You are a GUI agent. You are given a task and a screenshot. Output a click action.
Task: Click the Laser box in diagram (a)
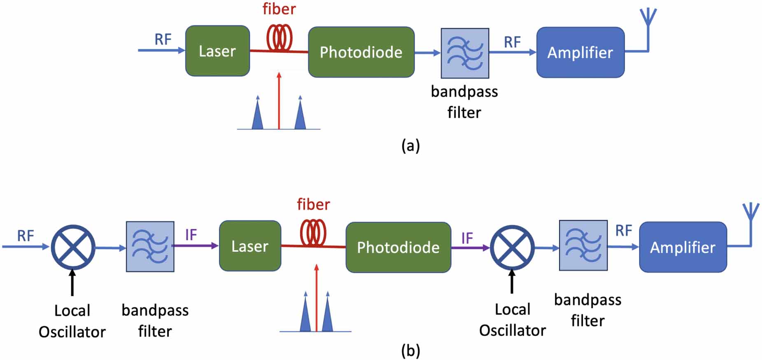(217, 51)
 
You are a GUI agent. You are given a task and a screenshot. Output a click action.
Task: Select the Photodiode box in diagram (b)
(398, 247)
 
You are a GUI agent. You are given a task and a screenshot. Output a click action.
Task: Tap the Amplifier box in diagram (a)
(580, 52)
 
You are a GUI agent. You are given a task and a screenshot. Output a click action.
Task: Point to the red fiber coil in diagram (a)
(280, 38)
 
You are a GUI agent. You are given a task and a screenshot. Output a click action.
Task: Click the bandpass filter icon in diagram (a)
(465, 53)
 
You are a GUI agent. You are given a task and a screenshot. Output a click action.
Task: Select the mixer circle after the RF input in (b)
(73, 247)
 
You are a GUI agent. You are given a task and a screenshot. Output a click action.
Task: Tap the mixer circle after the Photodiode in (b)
(512, 248)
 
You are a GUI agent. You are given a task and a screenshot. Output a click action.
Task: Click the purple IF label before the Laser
(191, 235)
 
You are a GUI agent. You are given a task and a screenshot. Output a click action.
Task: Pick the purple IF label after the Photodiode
(467, 238)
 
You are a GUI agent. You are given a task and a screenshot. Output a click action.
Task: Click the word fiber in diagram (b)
(313, 204)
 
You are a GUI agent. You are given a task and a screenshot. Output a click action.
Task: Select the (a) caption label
(410, 146)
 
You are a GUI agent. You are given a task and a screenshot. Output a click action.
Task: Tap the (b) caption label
(410, 351)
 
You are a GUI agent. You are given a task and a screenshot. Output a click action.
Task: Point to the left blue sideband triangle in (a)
(257, 115)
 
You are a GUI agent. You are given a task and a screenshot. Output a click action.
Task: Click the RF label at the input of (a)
(163, 40)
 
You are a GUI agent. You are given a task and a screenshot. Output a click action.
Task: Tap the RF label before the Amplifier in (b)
(623, 231)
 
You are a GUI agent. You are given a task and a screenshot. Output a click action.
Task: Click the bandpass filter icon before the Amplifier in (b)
(583, 245)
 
